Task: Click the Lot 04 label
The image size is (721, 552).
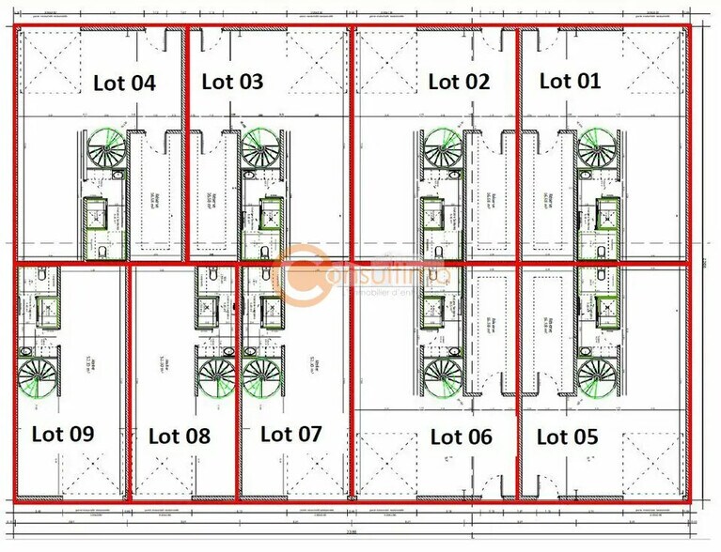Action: (124, 83)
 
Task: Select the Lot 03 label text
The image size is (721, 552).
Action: (232, 82)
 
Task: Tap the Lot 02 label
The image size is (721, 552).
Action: (459, 82)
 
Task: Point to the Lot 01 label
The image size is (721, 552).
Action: (570, 81)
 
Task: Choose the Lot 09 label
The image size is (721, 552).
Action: (63, 434)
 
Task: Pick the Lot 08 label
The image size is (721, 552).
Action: (180, 436)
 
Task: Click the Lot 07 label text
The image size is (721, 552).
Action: (290, 434)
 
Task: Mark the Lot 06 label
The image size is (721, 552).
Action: (461, 437)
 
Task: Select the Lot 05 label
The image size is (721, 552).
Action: (567, 437)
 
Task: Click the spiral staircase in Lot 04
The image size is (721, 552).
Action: (106, 149)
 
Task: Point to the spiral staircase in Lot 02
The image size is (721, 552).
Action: (440, 149)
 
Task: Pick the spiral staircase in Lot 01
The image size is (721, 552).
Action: (596, 149)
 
